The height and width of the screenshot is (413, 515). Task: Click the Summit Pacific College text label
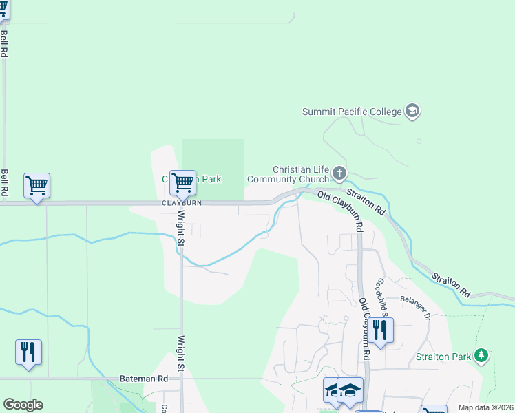(352, 112)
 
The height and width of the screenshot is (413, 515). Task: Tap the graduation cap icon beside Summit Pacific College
(412, 111)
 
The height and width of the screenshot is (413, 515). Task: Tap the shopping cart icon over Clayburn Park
(182, 183)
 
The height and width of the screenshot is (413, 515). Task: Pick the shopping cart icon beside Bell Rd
(36, 185)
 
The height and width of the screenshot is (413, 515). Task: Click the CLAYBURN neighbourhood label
(182, 204)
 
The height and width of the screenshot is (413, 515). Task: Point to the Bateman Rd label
(144, 379)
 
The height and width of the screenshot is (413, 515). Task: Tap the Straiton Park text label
(443, 357)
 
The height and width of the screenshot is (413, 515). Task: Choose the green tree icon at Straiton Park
(482, 355)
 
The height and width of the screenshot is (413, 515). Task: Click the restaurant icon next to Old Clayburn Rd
(379, 330)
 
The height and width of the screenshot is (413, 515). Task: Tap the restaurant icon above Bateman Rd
(28, 352)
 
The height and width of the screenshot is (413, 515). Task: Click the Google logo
(23, 405)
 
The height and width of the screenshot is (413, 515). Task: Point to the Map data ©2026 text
(486, 407)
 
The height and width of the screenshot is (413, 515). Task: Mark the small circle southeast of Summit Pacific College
(419, 141)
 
